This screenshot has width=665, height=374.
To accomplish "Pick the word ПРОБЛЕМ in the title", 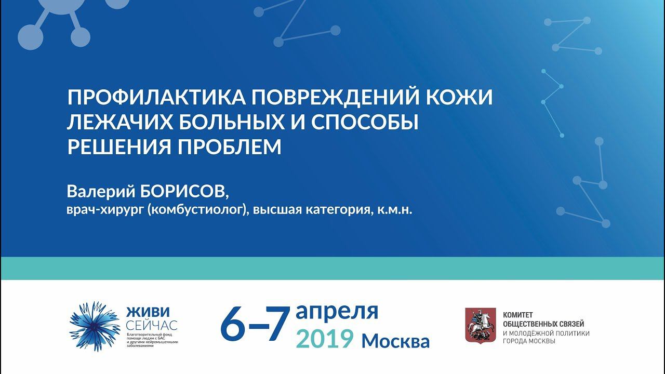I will pyautogui.click(x=229, y=148).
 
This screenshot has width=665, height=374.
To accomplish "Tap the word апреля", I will pyautogui.click(x=337, y=312).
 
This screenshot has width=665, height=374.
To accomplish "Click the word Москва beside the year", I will pyautogui.click(x=396, y=341).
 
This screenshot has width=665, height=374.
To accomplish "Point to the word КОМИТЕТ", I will pyautogui.click(x=518, y=315).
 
